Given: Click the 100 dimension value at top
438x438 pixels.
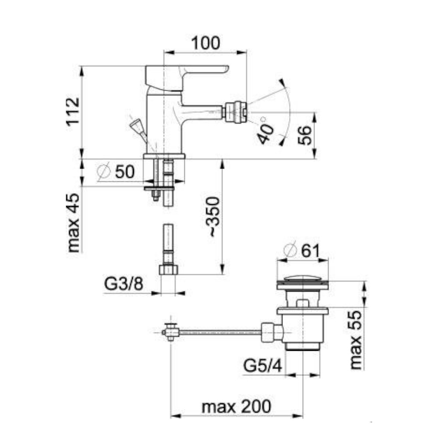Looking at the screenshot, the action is (x=205, y=43).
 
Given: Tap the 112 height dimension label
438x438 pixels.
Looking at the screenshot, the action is (x=73, y=111).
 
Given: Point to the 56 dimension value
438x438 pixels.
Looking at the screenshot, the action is (x=304, y=135).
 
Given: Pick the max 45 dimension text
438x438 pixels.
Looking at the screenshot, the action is (x=74, y=223).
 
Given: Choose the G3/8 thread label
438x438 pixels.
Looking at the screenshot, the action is (x=123, y=283).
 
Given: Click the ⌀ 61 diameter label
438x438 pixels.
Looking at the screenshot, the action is (x=301, y=250).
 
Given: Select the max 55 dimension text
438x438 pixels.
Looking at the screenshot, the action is (x=355, y=340).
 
